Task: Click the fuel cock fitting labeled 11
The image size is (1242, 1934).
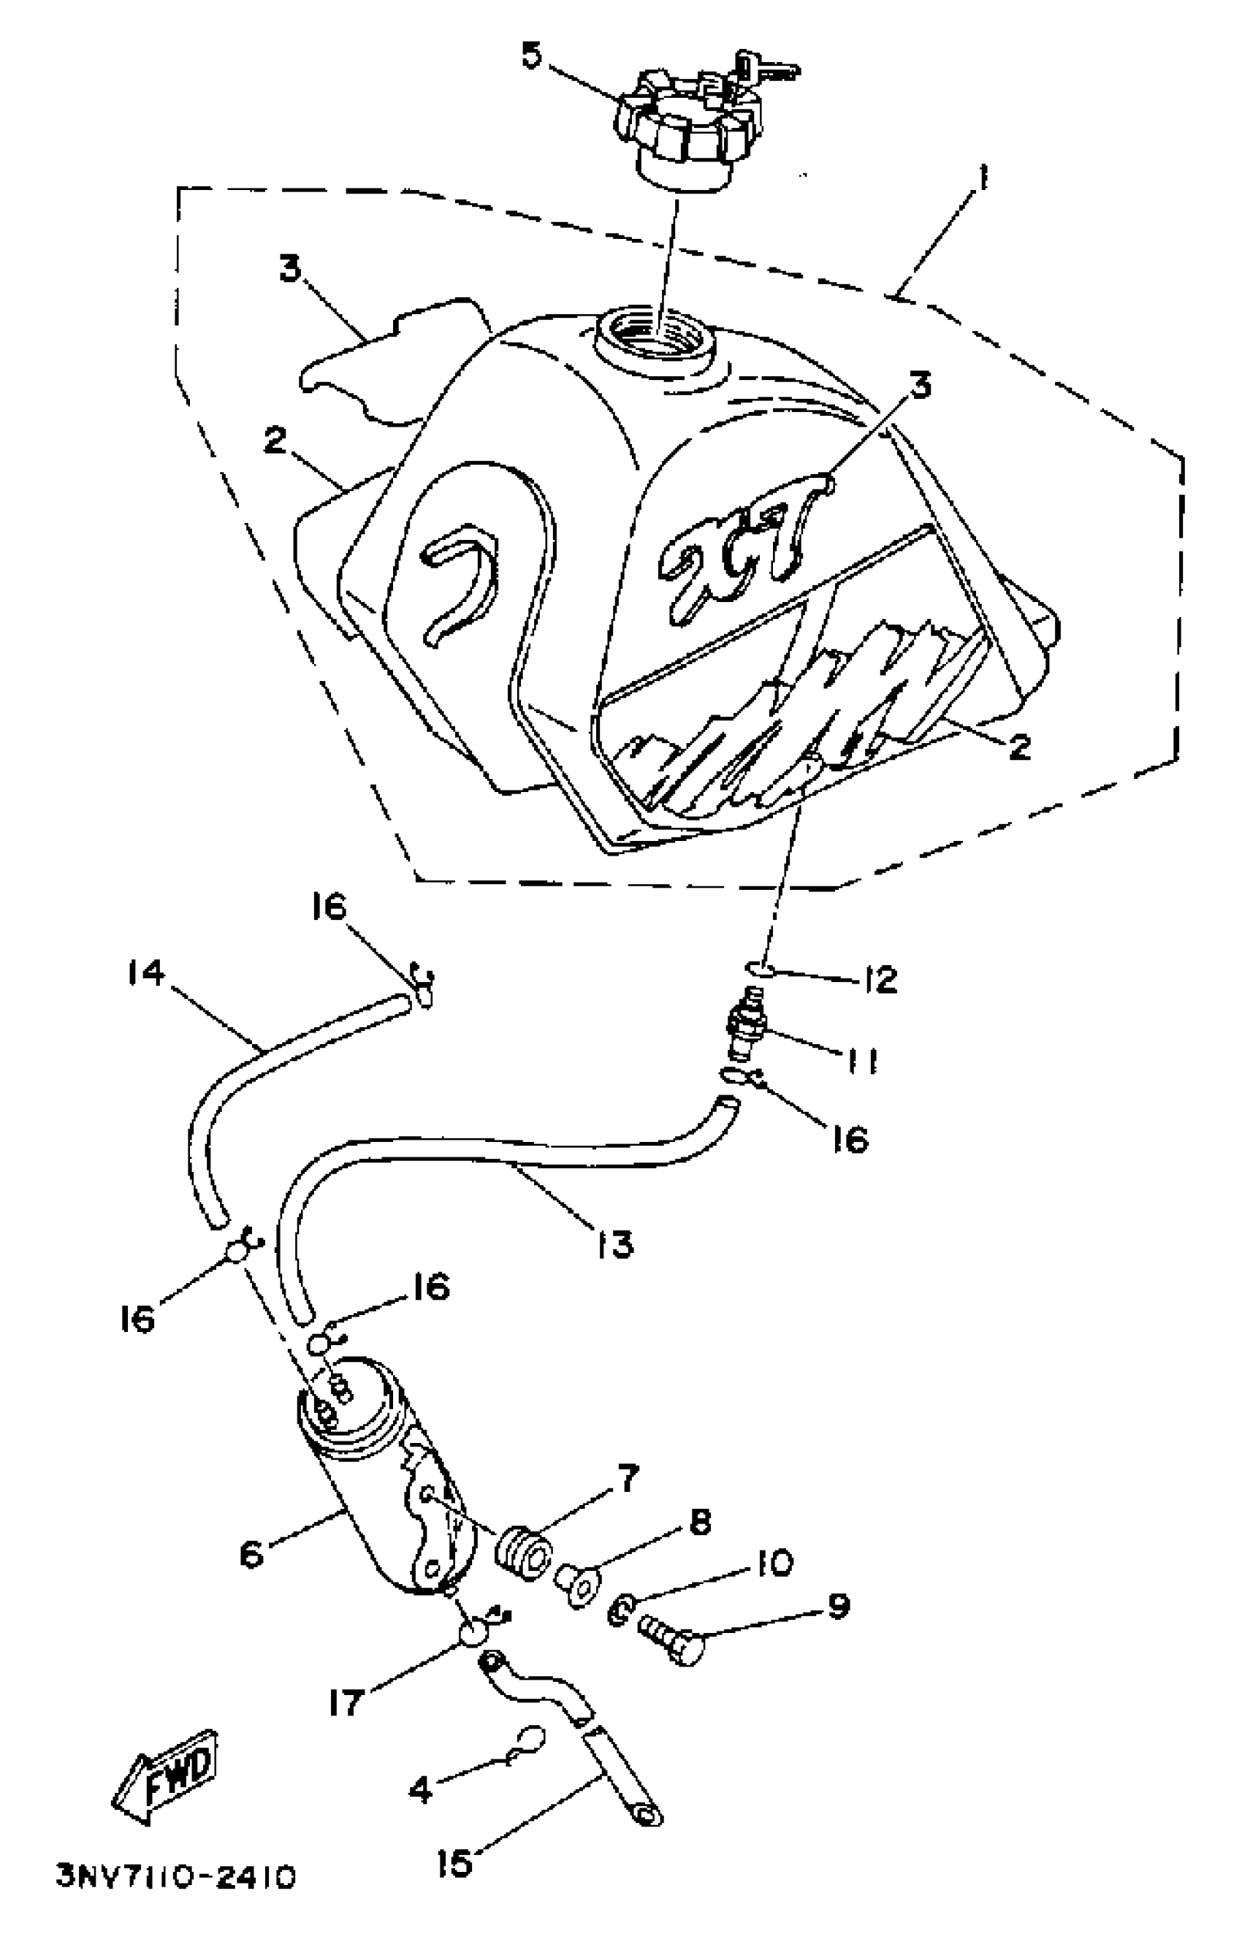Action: pyautogui.click(x=743, y=1032)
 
